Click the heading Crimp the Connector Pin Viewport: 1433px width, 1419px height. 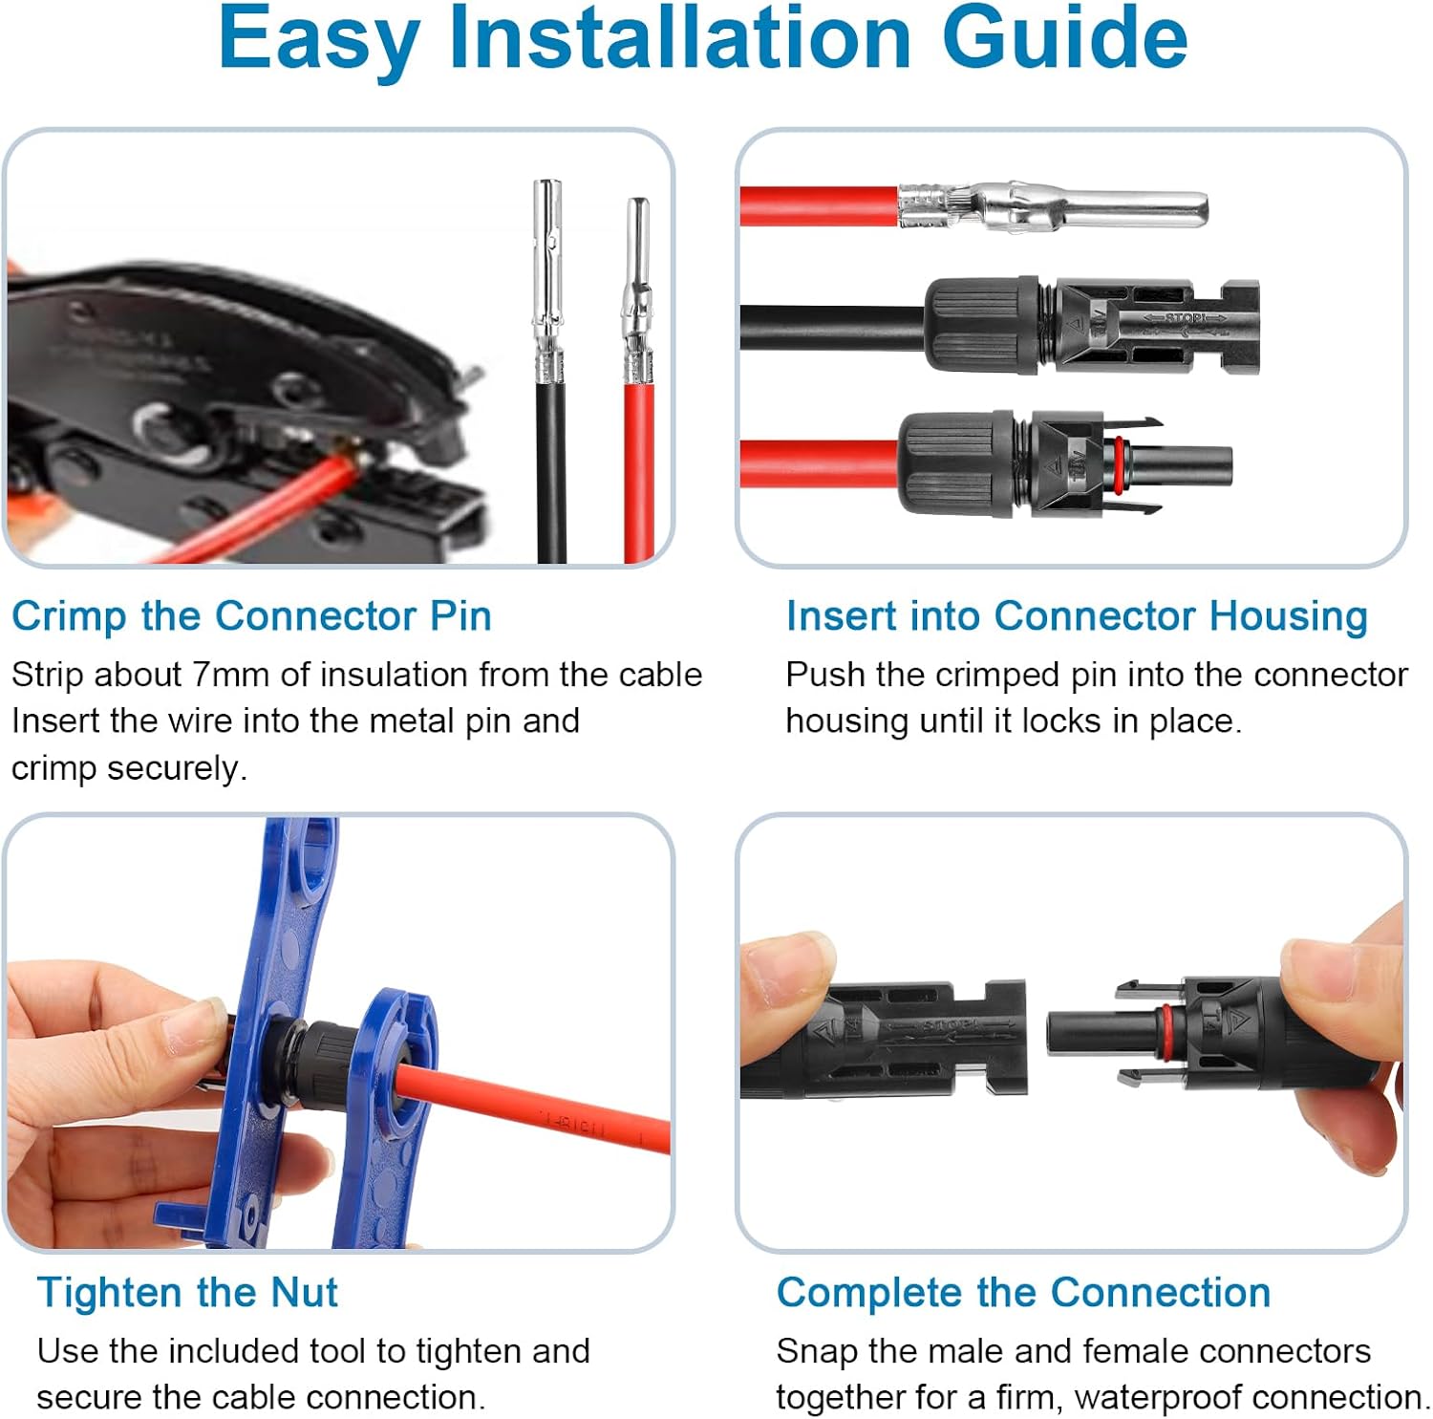(251, 616)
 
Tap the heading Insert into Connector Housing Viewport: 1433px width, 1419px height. (1076, 616)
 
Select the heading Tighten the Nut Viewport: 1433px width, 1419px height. (187, 1293)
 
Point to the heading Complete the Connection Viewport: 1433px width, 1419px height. (1023, 1293)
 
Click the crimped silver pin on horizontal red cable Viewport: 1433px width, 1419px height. (1051, 206)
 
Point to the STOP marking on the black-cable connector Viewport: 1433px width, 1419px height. (1185, 318)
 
